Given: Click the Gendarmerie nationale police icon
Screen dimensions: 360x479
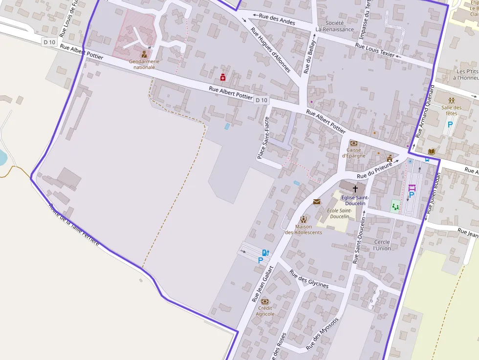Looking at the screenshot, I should coord(144,54).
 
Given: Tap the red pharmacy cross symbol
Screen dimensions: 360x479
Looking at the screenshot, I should coord(223,77).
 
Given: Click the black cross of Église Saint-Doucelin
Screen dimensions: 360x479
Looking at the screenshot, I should coord(355,188).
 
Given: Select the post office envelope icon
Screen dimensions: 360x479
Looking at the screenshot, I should coord(317,201).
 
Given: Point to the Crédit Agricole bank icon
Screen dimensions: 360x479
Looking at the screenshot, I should coord(265,301).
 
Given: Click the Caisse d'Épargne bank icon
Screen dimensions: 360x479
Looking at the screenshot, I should coord(353,143).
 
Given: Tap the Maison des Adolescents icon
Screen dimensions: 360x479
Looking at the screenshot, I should coord(304,219).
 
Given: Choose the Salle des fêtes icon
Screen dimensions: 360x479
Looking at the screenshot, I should coord(451,101).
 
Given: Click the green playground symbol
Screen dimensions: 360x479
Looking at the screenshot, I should coord(395,207).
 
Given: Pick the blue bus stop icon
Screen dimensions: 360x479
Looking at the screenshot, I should coord(427,159).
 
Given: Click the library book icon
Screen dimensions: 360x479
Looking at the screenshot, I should coord(431,152).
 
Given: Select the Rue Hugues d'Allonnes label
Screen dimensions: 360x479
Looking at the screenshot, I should coord(270,49).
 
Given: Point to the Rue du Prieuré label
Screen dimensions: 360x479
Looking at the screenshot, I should coord(375,172).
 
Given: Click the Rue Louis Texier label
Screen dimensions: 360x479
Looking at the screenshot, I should coord(375,50).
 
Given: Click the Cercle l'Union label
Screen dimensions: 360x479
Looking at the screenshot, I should coord(382,245).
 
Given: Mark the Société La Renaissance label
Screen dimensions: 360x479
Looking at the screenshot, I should coord(334,26).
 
